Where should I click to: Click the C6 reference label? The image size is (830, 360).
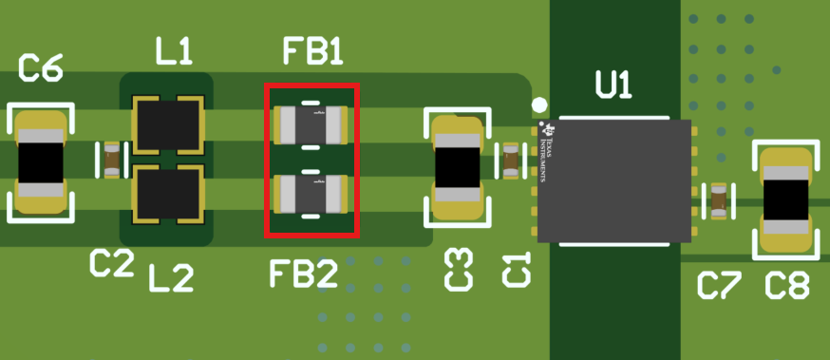(x=41, y=69)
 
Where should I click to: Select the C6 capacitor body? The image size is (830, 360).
(x=41, y=163)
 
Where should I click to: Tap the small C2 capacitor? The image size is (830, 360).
(x=113, y=160)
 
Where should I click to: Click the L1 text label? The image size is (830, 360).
(x=173, y=54)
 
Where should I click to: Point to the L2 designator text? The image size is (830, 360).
(x=171, y=278)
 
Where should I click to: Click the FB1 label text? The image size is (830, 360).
(x=312, y=53)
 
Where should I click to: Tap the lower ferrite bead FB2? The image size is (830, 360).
(x=311, y=194)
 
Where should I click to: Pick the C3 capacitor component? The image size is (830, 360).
(x=458, y=168)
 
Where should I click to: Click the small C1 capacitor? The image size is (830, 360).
(x=512, y=161)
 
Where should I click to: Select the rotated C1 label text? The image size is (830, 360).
(x=514, y=270)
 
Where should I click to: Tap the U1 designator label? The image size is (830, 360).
(x=613, y=86)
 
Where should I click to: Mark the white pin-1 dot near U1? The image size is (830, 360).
(x=539, y=104)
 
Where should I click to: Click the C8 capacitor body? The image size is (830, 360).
(x=786, y=199)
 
